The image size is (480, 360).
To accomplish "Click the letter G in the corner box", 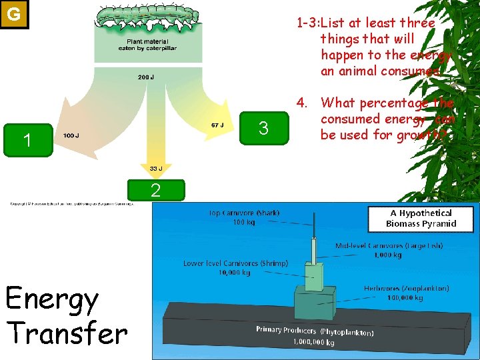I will click(x=13, y=13).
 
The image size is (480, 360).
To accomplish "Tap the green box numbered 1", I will click(x=27, y=140).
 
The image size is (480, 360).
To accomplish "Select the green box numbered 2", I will click(x=155, y=191).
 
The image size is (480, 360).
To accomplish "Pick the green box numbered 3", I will click(x=263, y=128).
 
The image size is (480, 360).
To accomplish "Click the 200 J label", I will click(x=146, y=77).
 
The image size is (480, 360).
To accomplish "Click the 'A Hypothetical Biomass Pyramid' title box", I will click(x=421, y=218).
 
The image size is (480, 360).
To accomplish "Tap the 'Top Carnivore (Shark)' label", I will click(x=245, y=213).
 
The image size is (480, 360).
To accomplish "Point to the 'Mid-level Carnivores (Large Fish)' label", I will click(x=389, y=246).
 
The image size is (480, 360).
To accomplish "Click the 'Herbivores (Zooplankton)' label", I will click(x=406, y=289).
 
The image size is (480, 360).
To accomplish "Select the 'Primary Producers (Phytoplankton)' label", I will click(x=315, y=331).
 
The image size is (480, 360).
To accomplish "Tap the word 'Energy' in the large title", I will click(x=52, y=300).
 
